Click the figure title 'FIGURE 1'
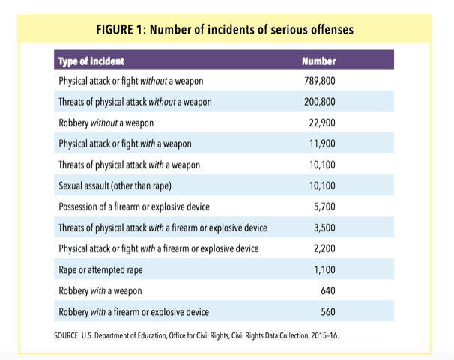click(x=119, y=30)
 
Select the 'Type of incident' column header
click(x=91, y=61)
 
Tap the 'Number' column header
click(x=319, y=61)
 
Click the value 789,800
click(x=320, y=81)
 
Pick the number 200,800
click(x=320, y=102)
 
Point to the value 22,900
click(x=322, y=123)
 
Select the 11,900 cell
click(x=322, y=144)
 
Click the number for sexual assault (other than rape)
click(x=322, y=186)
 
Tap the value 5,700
click(x=324, y=207)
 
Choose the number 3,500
click(x=324, y=228)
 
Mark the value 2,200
click(x=324, y=248)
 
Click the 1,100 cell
click(x=324, y=269)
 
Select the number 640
click(x=328, y=290)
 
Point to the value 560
click(x=328, y=311)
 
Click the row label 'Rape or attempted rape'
click(x=100, y=270)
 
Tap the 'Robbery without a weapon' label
click(x=106, y=123)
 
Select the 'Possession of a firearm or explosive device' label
click(x=134, y=207)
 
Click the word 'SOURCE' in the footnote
click(x=67, y=335)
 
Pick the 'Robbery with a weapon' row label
click(x=100, y=291)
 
